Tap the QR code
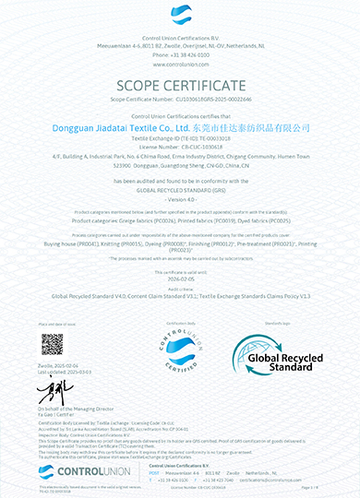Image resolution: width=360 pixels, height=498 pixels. coord(52,344)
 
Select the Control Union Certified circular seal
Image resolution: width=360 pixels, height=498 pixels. coord(180,352)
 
